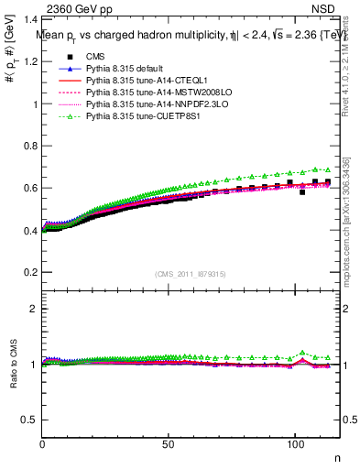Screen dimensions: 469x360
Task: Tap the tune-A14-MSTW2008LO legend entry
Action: tap(149, 93)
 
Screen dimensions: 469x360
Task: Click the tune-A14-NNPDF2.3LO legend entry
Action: tap(149, 105)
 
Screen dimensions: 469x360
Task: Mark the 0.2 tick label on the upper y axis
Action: tap(30, 272)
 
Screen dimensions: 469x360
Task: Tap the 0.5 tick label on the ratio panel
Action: tap(30, 420)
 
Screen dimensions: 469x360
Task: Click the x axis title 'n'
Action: tap(336, 457)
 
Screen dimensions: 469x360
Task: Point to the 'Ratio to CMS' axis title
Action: tap(12, 364)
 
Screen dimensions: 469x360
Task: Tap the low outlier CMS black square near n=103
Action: tap(302, 192)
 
